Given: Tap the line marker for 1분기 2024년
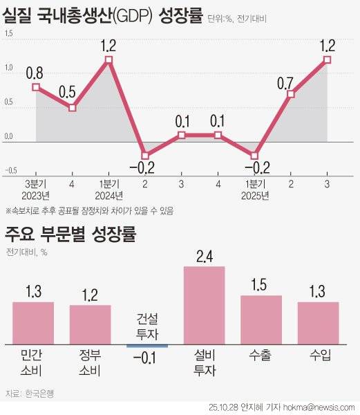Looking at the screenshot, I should [108, 60].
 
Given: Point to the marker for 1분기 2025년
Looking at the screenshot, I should [254, 156].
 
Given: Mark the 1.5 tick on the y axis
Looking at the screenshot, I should [8, 41].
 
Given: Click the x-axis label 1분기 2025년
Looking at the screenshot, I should [254, 190].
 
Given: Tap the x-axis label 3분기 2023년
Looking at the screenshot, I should [36, 190].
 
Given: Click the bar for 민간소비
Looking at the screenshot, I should [32, 322].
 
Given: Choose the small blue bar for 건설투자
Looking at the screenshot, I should [147, 344].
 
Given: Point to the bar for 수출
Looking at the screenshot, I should [261, 319].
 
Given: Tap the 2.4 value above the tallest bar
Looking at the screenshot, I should [204, 256].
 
